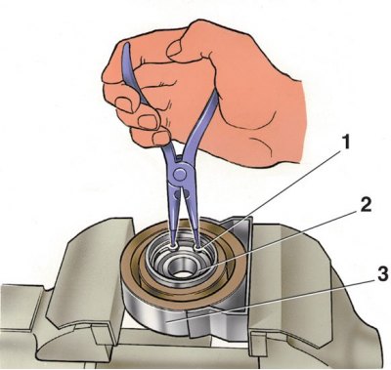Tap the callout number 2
click(365, 204)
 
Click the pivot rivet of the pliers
click(180, 174)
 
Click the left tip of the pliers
click(173, 246)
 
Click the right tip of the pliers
click(197, 247)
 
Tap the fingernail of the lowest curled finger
click(160, 138)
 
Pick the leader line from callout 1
click(271, 198)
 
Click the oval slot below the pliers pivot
click(178, 194)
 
